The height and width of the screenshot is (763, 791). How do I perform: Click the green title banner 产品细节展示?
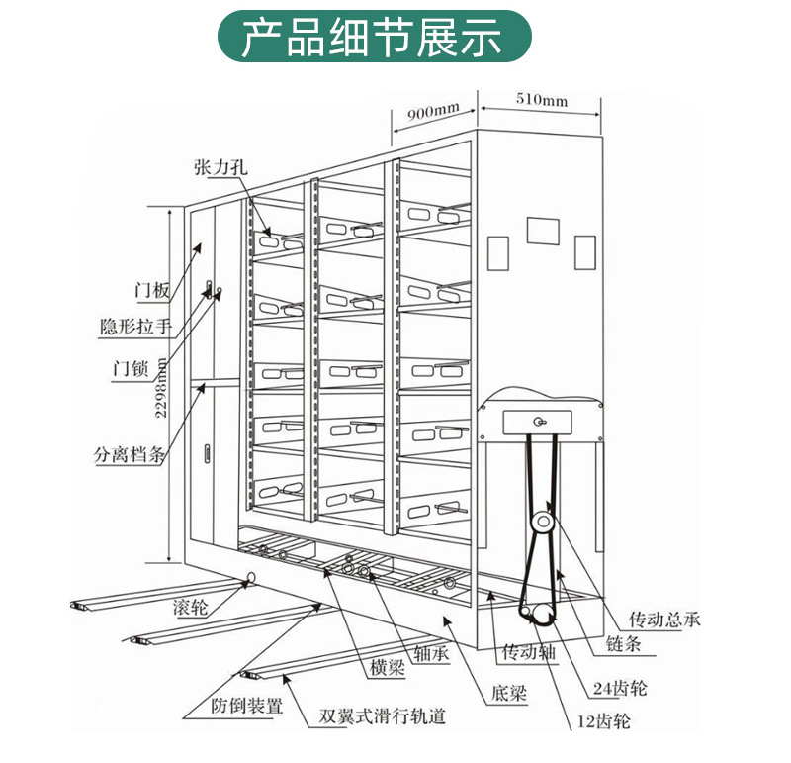(374, 37)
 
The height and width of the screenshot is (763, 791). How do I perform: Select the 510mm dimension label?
(541, 100)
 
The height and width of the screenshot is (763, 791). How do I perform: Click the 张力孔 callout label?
(220, 168)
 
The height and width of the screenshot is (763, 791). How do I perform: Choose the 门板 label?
(153, 291)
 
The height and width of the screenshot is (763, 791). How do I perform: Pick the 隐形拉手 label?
(136, 327)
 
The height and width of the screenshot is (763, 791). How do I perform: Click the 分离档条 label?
(130, 456)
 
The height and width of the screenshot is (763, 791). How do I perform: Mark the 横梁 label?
(388, 668)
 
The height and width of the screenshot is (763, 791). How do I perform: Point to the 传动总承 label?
(665, 620)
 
